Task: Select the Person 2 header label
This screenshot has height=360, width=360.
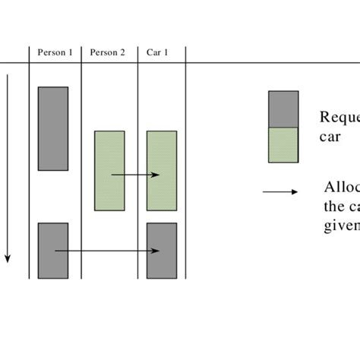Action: pos(107,52)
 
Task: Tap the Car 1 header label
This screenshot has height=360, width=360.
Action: pos(157,52)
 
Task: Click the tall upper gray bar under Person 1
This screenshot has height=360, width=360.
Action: pos(53,128)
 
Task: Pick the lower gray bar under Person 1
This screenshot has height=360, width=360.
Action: pos(53,250)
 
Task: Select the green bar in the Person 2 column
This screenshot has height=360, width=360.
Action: pos(109,170)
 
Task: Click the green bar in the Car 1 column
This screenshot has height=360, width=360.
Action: pos(161,170)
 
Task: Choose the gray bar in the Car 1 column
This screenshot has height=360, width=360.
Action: pos(161,250)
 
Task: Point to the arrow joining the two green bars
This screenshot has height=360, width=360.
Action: pos(135,175)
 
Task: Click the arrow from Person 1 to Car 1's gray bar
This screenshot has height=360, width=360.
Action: pos(106,251)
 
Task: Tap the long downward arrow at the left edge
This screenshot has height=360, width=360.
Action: pos(8,167)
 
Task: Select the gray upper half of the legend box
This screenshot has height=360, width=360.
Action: pos(283,109)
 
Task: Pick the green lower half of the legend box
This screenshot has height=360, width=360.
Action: pos(283,144)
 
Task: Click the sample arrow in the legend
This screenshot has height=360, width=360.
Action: pos(280,191)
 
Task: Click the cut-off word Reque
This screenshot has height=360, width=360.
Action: pos(339,117)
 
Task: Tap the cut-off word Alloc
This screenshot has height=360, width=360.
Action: pos(340,188)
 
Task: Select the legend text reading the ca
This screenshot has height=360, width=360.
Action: pos(340,206)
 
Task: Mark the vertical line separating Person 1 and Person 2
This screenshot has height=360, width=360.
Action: pos(81,167)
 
